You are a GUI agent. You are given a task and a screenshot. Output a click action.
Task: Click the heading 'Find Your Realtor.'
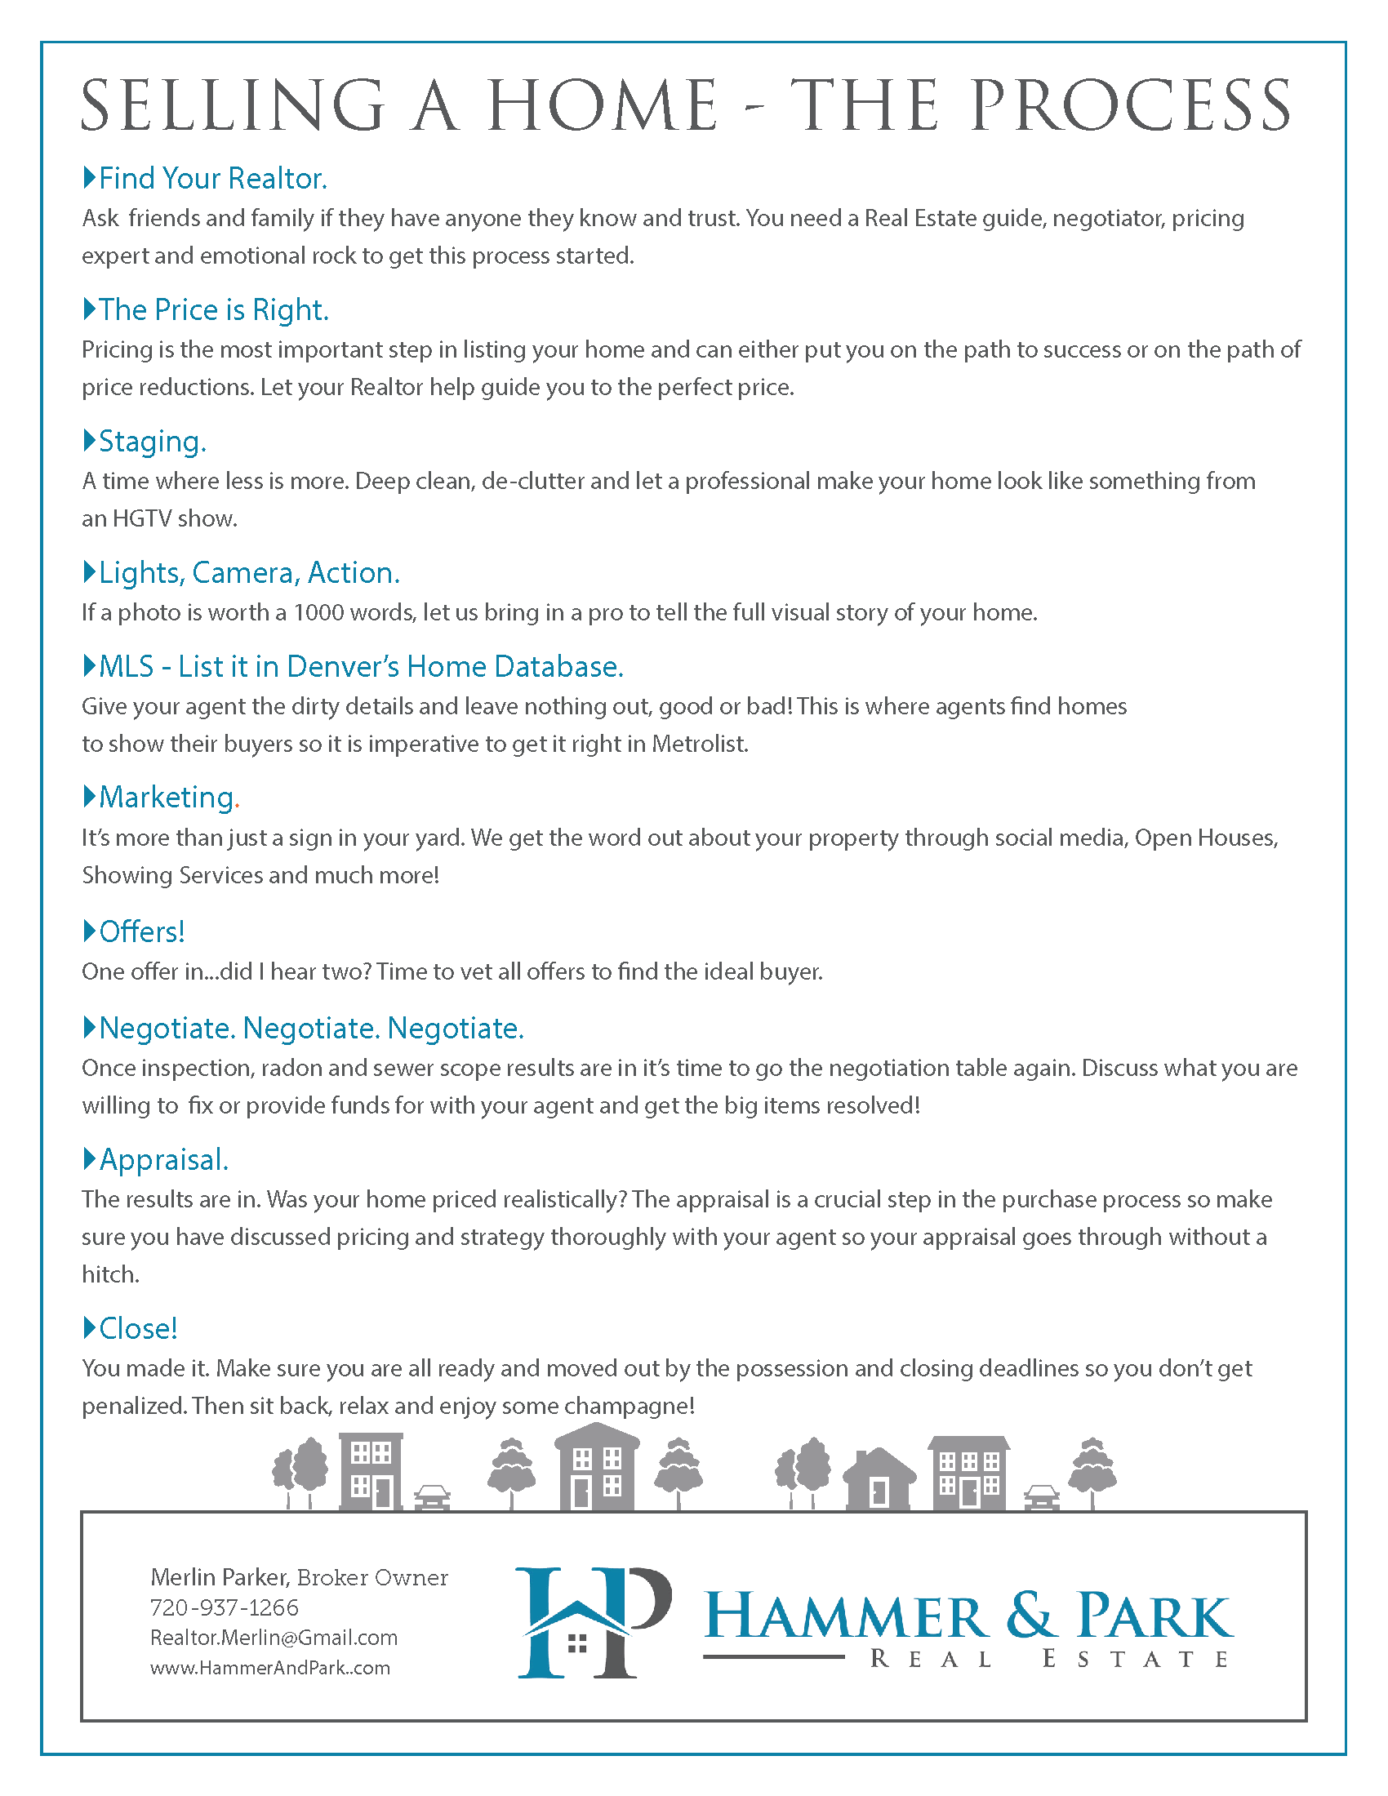click(x=212, y=179)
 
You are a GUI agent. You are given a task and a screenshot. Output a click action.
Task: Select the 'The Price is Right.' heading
click(x=213, y=310)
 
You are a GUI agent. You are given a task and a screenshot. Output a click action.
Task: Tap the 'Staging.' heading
click(x=152, y=442)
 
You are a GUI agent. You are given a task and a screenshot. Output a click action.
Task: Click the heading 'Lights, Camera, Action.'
click(x=248, y=573)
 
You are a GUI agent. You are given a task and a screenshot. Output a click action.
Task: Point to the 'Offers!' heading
click(x=141, y=931)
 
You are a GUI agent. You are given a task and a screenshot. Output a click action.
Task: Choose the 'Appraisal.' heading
click(x=163, y=1159)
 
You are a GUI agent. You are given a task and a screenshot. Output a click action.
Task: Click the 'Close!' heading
click(x=138, y=1328)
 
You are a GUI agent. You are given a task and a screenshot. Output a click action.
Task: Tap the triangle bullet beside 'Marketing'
click(x=90, y=796)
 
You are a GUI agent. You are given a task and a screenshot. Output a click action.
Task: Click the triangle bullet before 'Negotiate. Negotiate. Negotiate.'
click(x=90, y=1027)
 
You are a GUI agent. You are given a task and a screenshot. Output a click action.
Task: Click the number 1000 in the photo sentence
click(x=318, y=612)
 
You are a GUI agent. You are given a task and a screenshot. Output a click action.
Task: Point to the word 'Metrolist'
click(x=699, y=745)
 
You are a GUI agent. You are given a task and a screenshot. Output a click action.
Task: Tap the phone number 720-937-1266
click(x=224, y=1607)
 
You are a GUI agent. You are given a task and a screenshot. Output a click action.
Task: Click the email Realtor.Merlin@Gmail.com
click(x=273, y=1638)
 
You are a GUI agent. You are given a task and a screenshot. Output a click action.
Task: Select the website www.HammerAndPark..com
click(x=269, y=1668)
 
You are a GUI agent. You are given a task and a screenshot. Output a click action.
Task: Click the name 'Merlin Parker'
click(x=218, y=1577)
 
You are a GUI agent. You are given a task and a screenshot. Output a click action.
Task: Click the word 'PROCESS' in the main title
click(x=1130, y=106)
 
